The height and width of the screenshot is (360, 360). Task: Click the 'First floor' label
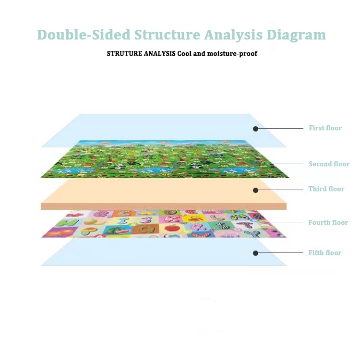pyautogui.click(x=325, y=128)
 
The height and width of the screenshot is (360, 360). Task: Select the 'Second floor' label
pyautogui.click(x=329, y=164)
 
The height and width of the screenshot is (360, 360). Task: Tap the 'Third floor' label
pyautogui.click(x=326, y=189)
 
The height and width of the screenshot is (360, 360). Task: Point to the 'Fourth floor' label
pyautogui.click(x=328, y=223)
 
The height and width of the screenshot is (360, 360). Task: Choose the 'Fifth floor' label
pyautogui.click(x=324, y=253)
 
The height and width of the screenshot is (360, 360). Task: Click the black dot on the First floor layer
pyautogui.click(x=256, y=129)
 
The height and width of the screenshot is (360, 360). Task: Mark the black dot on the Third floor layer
pyautogui.click(x=256, y=190)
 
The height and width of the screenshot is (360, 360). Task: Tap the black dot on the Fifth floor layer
pyautogui.click(x=256, y=253)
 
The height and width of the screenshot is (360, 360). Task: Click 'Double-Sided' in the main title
pyautogui.click(x=84, y=35)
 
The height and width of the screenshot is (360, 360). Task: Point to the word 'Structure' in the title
pyautogui.click(x=167, y=35)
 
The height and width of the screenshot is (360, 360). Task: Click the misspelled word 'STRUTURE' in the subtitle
pyautogui.click(x=124, y=54)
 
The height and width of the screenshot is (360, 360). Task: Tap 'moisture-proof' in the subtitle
pyautogui.click(x=234, y=54)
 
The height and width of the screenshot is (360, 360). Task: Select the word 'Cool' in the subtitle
pyautogui.click(x=185, y=54)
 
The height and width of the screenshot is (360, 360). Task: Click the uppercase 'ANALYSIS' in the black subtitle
pyautogui.click(x=160, y=54)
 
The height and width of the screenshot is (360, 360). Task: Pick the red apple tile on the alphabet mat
pyautogui.click(x=171, y=228)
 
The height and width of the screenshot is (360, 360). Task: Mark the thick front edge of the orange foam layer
pyautogui.click(x=163, y=206)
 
